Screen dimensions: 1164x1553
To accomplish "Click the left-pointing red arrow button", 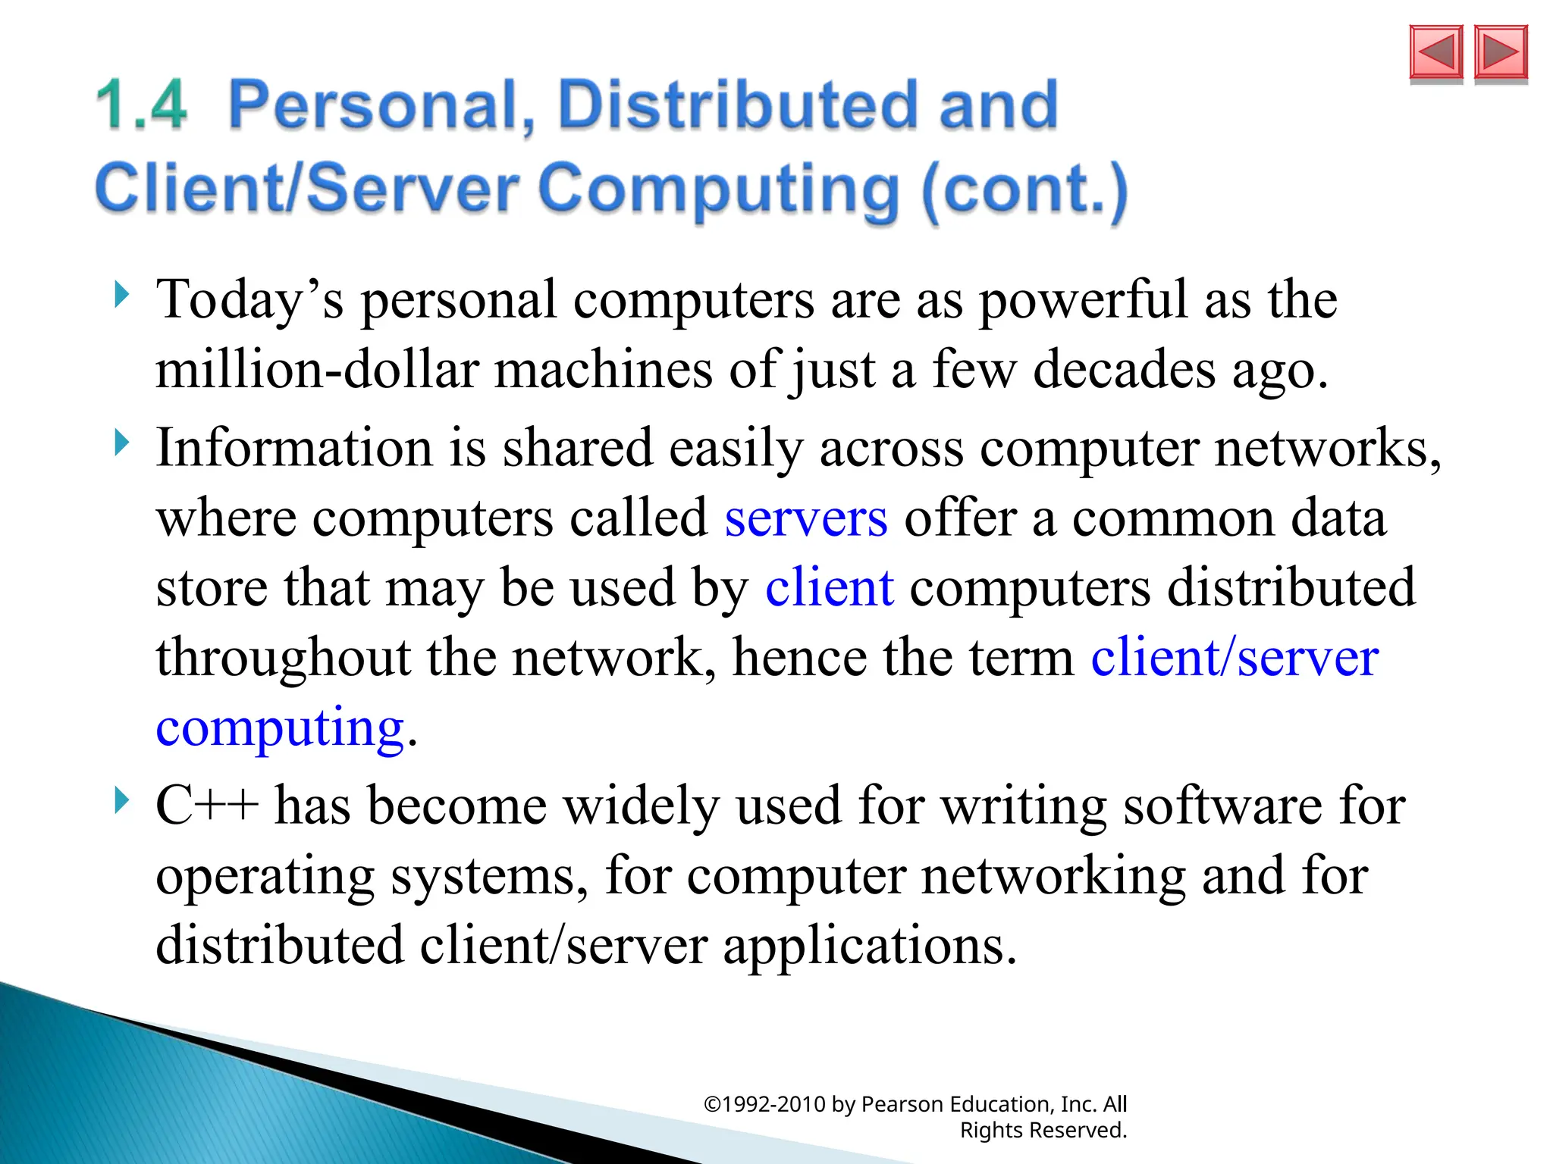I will point(1435,52).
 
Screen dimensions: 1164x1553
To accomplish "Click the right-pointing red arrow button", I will point(1501,52).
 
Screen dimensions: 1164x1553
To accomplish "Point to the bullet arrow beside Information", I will point(121,443).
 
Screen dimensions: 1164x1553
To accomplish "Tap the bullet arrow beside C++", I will point(121,799).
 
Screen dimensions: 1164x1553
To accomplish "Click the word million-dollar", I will point(317,370).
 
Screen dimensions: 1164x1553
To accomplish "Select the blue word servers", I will point(806,519).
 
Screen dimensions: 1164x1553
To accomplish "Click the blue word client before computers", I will point(830,587).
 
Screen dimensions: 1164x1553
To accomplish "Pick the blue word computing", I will point(280,727).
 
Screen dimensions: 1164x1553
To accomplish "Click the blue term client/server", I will point(1235,657).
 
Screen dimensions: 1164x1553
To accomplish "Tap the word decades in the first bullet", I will point(1125,370).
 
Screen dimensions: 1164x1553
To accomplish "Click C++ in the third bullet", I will point(206,806).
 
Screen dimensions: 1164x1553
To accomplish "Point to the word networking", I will point(1053,876).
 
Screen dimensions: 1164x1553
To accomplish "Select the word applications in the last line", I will point(868,946).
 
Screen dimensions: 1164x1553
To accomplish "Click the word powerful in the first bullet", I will point(1083,300).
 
